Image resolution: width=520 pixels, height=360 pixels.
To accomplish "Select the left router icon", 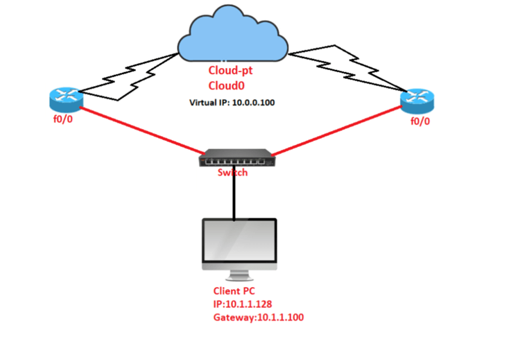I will [66, 101].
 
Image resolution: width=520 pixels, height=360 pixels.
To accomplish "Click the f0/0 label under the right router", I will [420, 122].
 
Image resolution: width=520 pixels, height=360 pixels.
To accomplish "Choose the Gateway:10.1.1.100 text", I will [259, 318].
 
